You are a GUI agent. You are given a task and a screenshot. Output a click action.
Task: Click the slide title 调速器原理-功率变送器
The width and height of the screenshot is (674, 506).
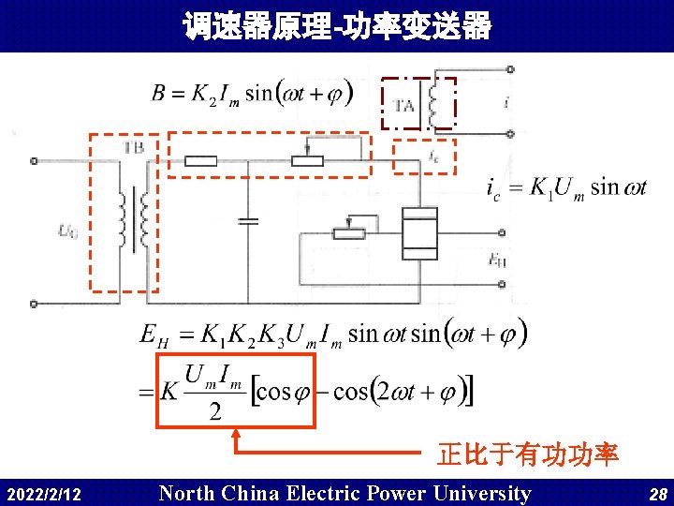(337, 26)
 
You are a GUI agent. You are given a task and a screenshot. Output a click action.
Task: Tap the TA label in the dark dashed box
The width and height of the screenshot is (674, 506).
(403, 106)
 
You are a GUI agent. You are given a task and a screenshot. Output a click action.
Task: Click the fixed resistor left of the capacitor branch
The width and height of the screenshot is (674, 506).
(200, 161)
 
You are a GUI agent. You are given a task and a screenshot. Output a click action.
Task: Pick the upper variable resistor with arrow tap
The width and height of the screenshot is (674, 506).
(307, 159)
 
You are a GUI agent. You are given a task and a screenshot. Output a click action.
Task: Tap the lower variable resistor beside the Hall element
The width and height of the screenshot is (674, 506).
(349, 231)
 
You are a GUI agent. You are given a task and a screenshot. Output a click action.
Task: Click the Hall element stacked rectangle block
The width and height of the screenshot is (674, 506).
(418, 232)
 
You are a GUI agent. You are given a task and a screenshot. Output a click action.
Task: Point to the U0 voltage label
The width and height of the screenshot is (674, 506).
(67, 230)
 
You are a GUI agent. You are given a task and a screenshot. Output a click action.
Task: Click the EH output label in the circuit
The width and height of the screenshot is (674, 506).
(497, 260)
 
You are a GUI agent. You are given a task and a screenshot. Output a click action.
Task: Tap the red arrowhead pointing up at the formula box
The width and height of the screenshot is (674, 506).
(236, 434)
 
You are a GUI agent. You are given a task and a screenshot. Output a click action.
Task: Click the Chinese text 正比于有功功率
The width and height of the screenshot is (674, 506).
(527, 455)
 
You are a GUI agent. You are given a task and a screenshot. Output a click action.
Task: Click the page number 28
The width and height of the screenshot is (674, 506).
(657, 494)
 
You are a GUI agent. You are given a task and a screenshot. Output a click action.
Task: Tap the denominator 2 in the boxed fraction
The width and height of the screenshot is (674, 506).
(214, 411)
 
